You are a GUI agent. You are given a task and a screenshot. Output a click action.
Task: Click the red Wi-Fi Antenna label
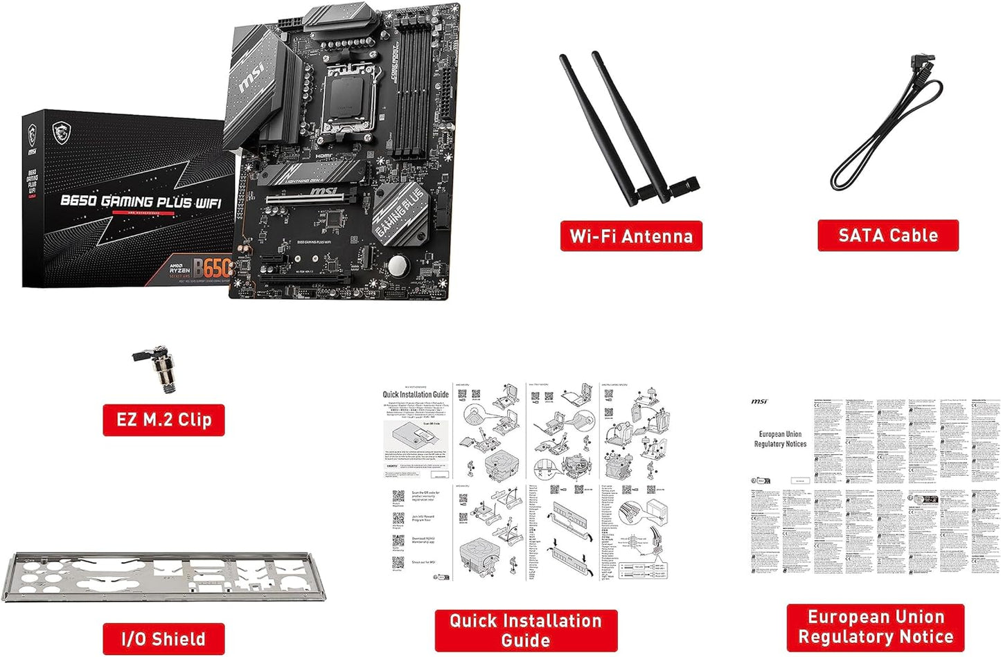coord(630,236)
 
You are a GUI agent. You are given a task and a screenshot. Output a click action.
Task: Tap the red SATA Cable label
coord(887,235)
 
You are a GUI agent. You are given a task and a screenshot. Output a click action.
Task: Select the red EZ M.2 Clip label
coord(163,420)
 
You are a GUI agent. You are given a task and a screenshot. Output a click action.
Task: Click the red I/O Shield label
coord(163,639)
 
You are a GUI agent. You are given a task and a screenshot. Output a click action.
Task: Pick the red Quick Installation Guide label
coord(526,630)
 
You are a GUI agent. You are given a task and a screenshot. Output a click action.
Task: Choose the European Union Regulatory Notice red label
coord(876,627)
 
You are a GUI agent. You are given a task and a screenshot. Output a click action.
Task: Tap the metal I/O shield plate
coord(163,576)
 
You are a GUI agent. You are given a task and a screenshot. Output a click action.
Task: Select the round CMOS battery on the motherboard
coord(397,266)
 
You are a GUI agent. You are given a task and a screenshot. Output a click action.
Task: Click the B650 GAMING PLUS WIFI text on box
coord(141,201)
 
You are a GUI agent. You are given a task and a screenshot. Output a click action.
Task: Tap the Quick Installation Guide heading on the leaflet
coord(416,395)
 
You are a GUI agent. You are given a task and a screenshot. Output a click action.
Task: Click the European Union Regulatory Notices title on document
coord(780,439)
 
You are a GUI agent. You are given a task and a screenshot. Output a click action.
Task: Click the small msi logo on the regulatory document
coord(759,402)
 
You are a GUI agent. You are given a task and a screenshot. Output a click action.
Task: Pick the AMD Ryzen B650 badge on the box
coord(201,269)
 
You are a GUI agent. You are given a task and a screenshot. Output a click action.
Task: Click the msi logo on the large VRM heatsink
coord(251,81)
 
